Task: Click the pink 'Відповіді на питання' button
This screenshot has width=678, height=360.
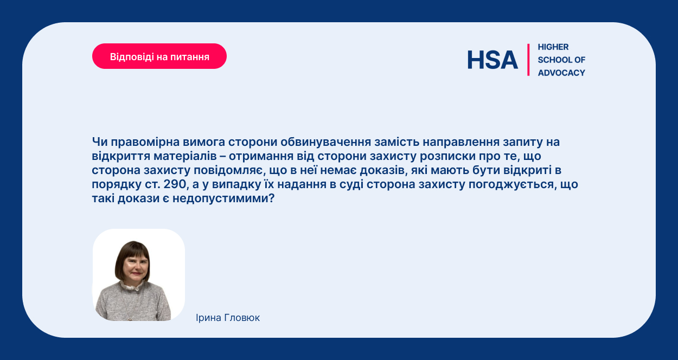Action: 159,56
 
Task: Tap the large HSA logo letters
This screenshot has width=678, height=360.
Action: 492,60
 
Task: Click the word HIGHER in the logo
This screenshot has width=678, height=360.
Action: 553,47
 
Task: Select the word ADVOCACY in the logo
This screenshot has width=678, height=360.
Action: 561,73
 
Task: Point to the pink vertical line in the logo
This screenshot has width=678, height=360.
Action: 528,60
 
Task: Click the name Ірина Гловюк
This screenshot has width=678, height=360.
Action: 228,318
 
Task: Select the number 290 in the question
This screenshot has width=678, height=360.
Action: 175,184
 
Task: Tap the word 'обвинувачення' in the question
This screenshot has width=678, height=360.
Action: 325,142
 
